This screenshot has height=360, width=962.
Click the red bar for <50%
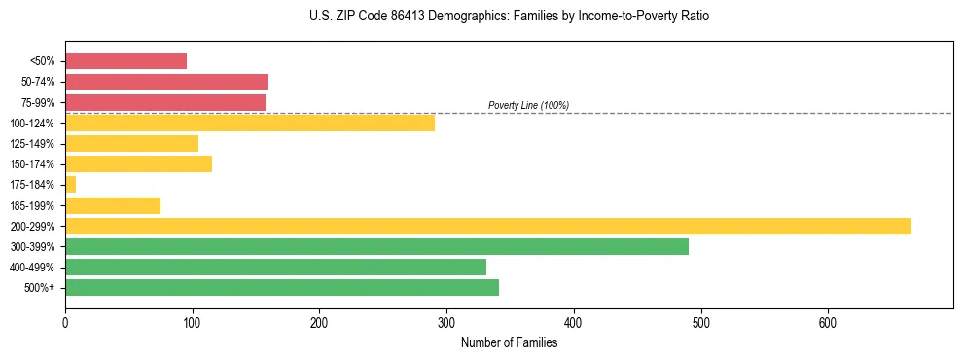(125, 61)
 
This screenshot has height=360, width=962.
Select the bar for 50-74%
(166, 82)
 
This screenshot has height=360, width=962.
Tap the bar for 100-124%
(250, 123)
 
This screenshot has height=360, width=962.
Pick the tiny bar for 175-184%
(70, 184)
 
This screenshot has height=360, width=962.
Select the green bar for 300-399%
(376, 246)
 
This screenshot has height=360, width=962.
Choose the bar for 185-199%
(113, 205)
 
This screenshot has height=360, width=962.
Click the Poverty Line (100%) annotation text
(528, 105)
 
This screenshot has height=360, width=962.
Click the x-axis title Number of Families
(509, 342)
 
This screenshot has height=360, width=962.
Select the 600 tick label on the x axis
(828, 321)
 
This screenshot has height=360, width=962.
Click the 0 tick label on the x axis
(65, 321)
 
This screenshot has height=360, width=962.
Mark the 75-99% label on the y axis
(38, 102)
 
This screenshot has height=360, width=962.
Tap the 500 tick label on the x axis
(700, 321)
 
